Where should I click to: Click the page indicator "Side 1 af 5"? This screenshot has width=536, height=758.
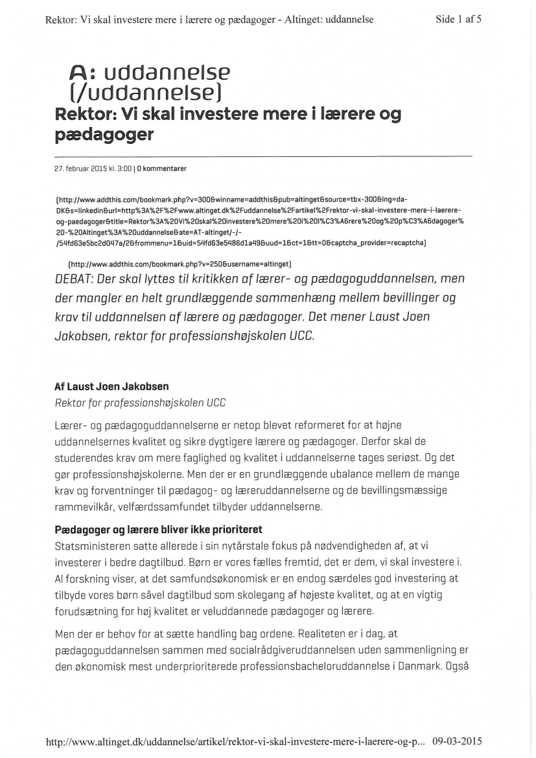point(459,19)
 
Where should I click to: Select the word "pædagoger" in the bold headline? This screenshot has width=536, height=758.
point(105,135)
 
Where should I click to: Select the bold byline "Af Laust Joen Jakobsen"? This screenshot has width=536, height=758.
point(112,386)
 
